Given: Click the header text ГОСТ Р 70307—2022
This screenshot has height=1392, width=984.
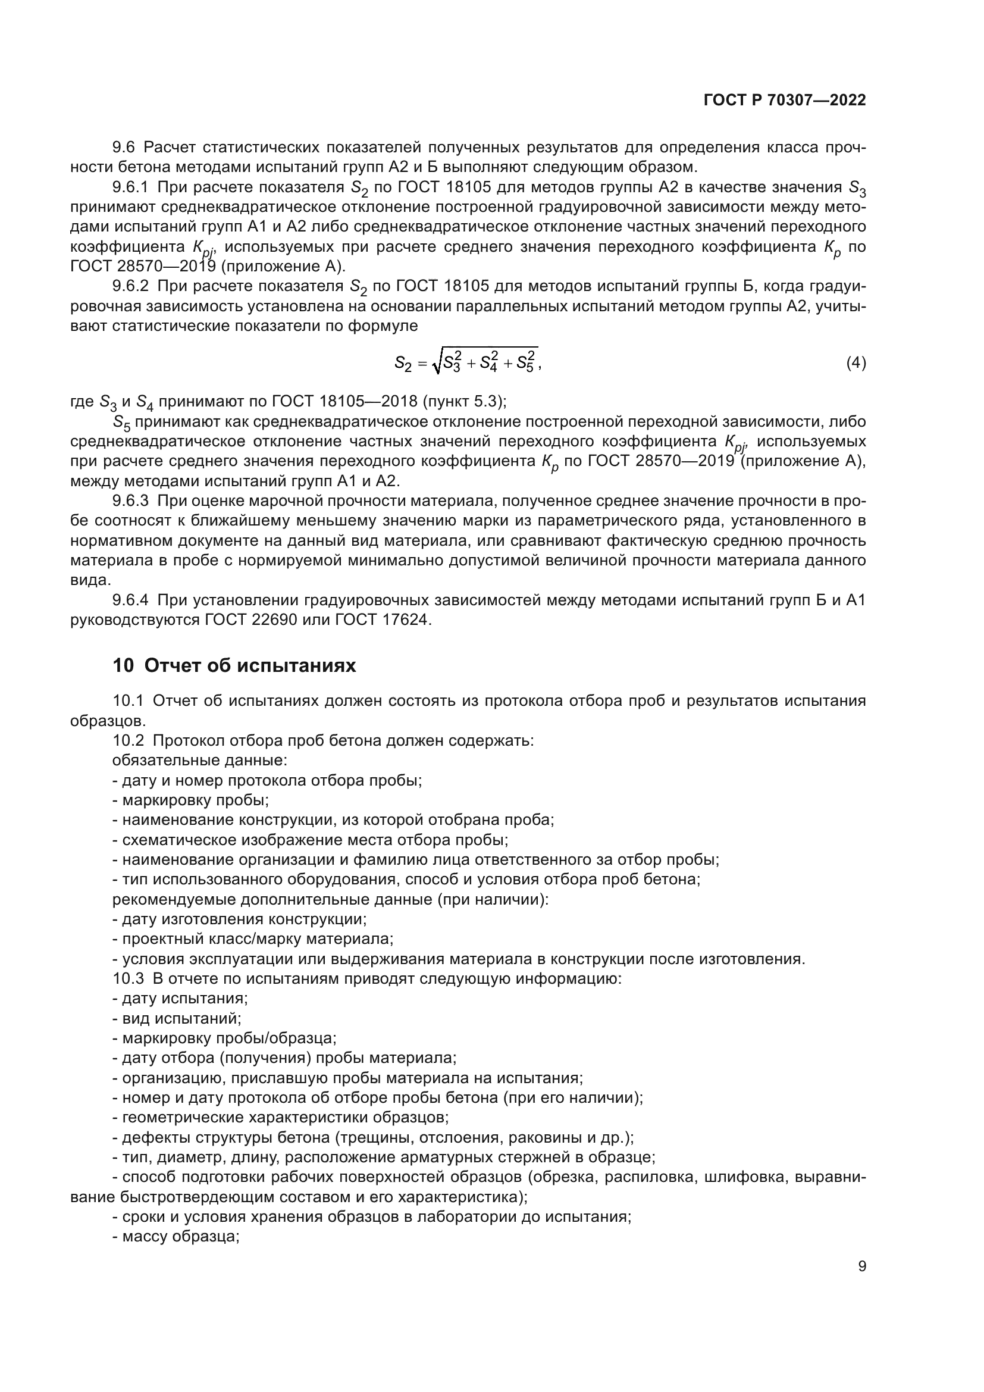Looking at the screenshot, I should point(785,101).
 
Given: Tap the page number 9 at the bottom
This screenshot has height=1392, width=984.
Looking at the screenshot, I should point(861,1266).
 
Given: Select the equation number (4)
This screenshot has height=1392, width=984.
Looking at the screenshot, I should point(855,363).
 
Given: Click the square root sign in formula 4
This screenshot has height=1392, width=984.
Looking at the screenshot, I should point(435,364).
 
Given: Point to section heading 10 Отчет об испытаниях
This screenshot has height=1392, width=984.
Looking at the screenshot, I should point(234,666).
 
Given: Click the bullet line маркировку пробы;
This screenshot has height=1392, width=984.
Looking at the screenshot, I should point(191,800).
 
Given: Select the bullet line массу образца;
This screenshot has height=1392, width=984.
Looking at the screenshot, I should point(176,1237).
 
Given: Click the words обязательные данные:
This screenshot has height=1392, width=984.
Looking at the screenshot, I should point(199,760).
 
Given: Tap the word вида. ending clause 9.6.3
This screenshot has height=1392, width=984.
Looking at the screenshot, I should point(91,580).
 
